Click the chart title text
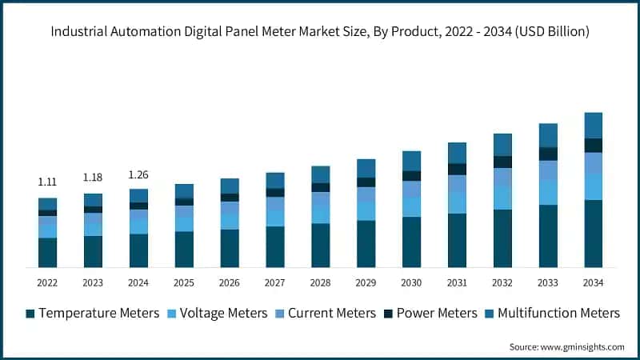click(320, 32)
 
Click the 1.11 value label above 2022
click(47, 182)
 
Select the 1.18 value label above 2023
click(93, 177)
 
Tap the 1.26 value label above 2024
click(138, 174)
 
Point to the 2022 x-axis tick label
click(47, 282)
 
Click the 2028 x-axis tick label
click(321, 282)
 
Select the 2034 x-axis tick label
click(593, 282)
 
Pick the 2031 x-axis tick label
click(457, 282)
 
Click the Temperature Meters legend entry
click(92, 313)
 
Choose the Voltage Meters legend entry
click(217, 313)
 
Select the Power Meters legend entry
click(430, 313)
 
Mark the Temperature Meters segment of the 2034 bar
click(593, 233)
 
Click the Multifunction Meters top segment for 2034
click(593, 125)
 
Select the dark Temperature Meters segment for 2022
click(47, 252)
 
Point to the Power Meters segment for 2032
click(502, 162)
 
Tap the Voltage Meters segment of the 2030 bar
click(411, 207)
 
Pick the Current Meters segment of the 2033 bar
click(548, 170)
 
